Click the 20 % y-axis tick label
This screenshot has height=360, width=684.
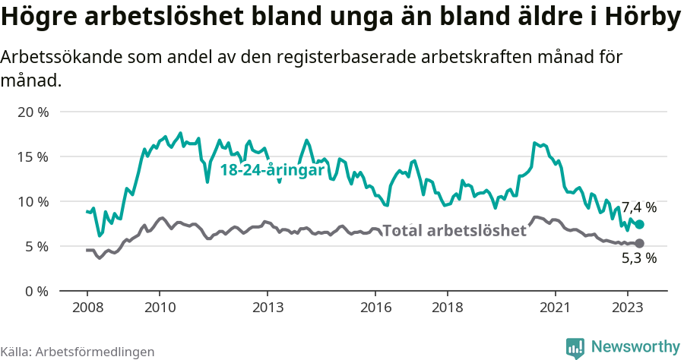pyautogui.click(x=33, y=112)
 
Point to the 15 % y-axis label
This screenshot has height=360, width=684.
pyautogui.click(x=33, y=156)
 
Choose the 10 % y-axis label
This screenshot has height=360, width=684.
pyautogui.click(x=33, y=201)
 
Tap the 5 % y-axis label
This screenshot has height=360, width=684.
pyautogui.click(x=36, y=246)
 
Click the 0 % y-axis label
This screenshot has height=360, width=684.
pyautogui.click(x=36, y=291)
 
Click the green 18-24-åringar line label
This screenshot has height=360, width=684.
pyautogui.click(x=272, y=171)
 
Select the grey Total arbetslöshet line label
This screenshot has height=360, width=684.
pyautogui.click(x=454, y=231)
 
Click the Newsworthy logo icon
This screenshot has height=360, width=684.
pyautogui.click(x=575, y=347)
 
